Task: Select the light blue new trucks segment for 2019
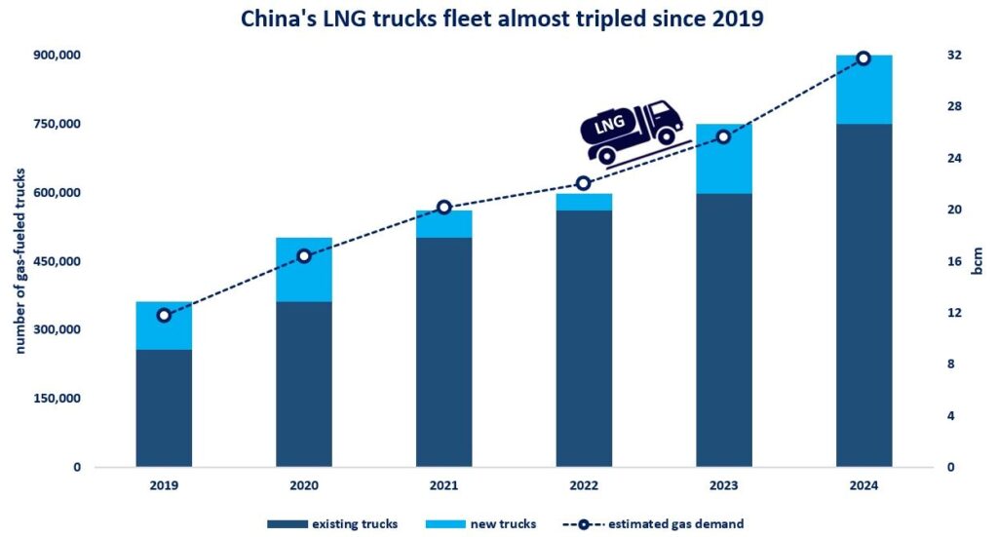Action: click(164, 326)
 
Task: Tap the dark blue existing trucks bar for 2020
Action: click(304, 384)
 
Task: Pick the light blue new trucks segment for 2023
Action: click(723, 159)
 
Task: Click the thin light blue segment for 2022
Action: click(584, 202)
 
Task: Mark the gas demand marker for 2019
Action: click(164, 315)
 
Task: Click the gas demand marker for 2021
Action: click(443, 208)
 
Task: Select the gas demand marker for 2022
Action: click(584, 183)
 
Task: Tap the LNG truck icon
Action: click(631, 131)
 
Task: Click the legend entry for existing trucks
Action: click(333, 524)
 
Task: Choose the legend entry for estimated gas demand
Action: click(647, 524)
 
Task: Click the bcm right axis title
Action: click(978, 261)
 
